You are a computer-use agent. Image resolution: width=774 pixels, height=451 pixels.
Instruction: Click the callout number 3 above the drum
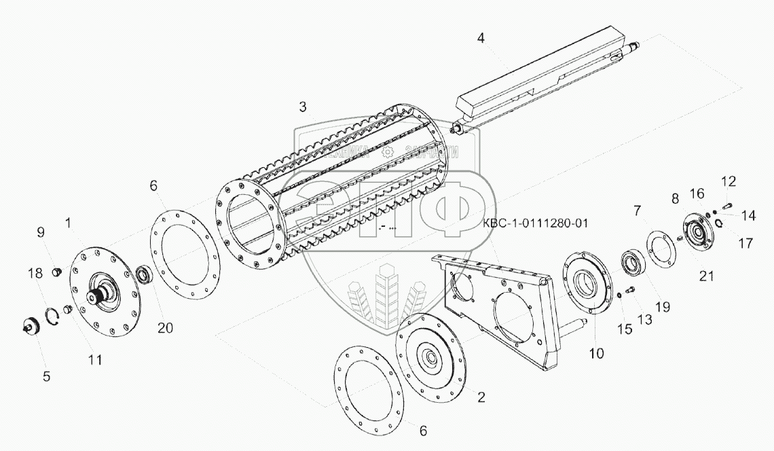click(303, 107)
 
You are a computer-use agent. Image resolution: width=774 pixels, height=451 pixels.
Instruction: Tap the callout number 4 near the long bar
click(481, 38)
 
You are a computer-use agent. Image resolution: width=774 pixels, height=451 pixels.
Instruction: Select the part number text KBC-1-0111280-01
click(535, 222)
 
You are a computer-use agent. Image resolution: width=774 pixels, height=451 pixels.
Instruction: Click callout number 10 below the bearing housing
click(597, 353)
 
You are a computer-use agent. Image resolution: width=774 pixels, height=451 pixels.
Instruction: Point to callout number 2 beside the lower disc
click(481, 398)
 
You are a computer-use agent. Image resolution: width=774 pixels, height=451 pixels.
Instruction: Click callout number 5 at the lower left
click(46, 375)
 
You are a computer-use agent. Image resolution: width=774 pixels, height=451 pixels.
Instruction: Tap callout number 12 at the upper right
click(728, 181)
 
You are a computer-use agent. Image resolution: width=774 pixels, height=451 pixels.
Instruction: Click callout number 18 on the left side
click(34, 273)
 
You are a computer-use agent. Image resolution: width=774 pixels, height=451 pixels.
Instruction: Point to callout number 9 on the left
click(41, 232)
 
